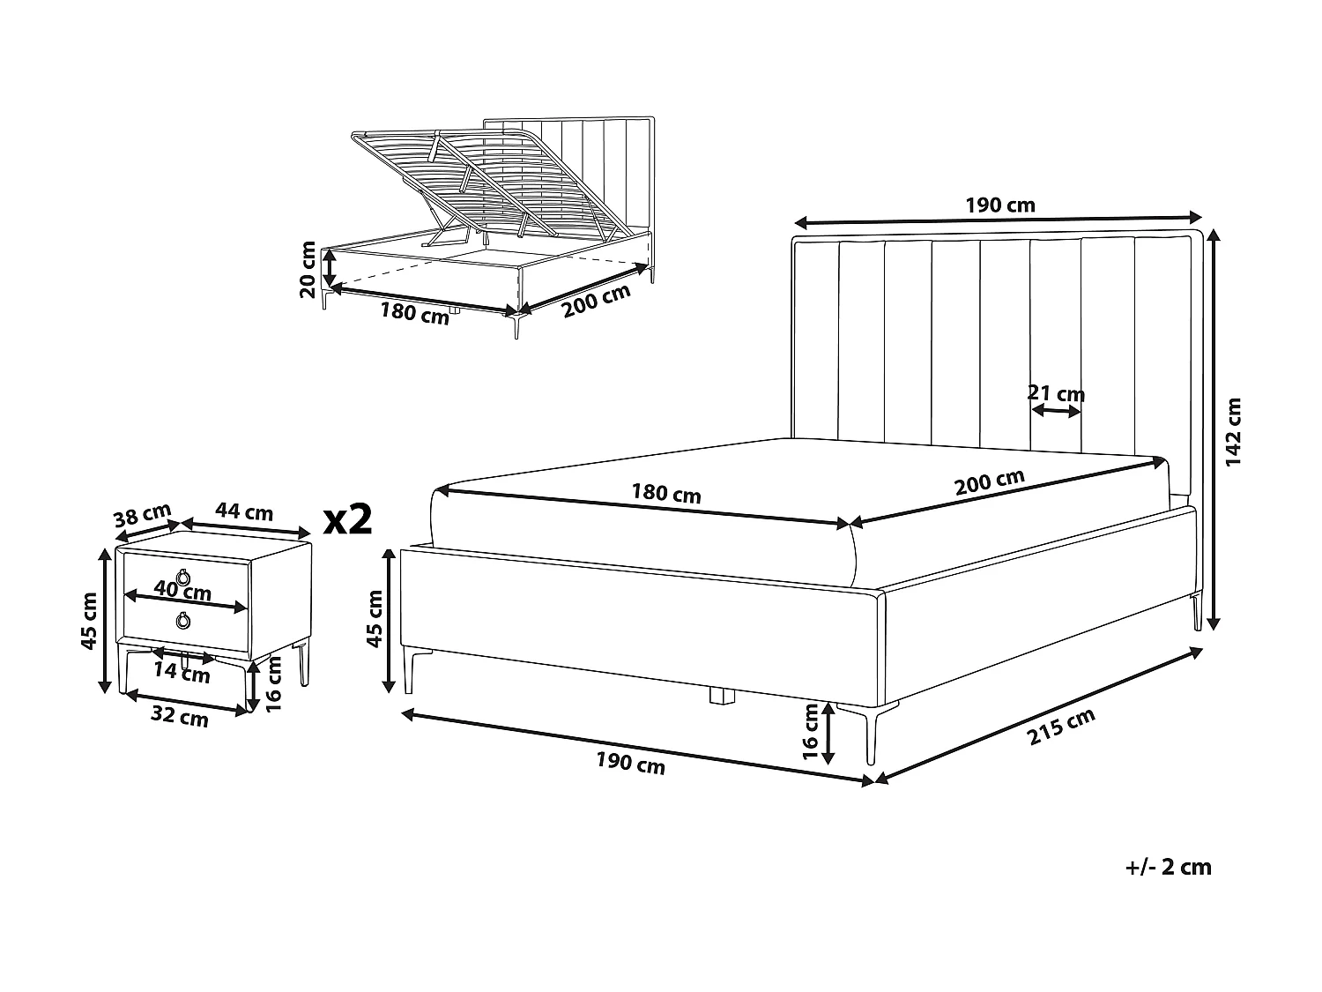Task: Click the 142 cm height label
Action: pos(1234,431)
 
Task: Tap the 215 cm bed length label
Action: pos(1061,726)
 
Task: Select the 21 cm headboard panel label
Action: pos(1056,393)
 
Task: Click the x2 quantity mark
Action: pos(347,519)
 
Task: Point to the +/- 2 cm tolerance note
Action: pos(1169,867)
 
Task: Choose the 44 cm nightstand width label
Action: pos(244,511)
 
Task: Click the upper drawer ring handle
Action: pos(183,577)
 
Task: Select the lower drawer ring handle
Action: pos(183,620)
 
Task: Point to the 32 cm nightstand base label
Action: pos(180,717)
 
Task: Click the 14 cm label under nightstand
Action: pos(182,673)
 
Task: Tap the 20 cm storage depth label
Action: pos(308,269)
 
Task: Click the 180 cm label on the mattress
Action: pos(666,493)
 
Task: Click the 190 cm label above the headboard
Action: pos(1000,205)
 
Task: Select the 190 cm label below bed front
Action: pos(630,764)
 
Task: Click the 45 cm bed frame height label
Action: pos(375,619)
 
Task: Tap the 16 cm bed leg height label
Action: pos(812,733)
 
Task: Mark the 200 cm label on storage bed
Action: pos(597,300)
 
